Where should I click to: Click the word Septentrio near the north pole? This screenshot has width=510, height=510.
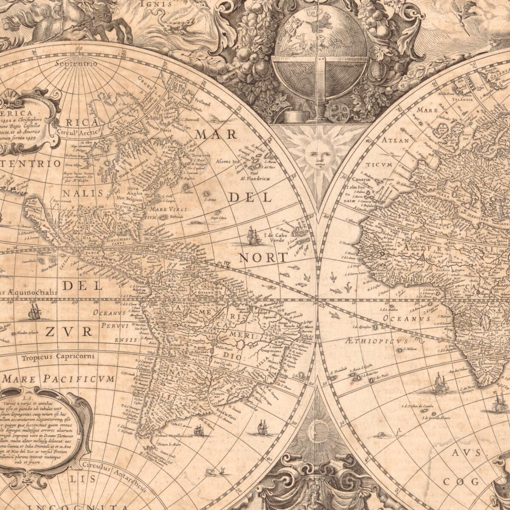[76, 64]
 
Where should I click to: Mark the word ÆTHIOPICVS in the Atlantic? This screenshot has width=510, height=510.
[371, 341]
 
